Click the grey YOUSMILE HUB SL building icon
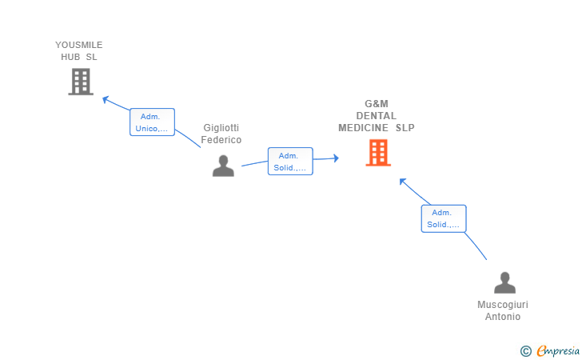point(81,82)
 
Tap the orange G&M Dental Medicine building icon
point(378,152)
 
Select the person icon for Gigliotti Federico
point(223,166)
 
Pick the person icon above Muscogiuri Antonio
point(504,283)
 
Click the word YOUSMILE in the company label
point(79,45)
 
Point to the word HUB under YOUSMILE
point(70,57)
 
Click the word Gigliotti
point(221,128)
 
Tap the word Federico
point(221,140)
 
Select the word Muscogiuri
point(503,305)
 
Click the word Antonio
point(503,317)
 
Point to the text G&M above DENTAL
point(376,104)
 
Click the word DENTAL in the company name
point(376,116)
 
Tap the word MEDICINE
point(363,128)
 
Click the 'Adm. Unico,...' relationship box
point(152,122)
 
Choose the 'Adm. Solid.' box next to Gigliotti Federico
point(290,162)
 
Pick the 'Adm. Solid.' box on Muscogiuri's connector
point(444,218)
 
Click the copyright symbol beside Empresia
point(526,350)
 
